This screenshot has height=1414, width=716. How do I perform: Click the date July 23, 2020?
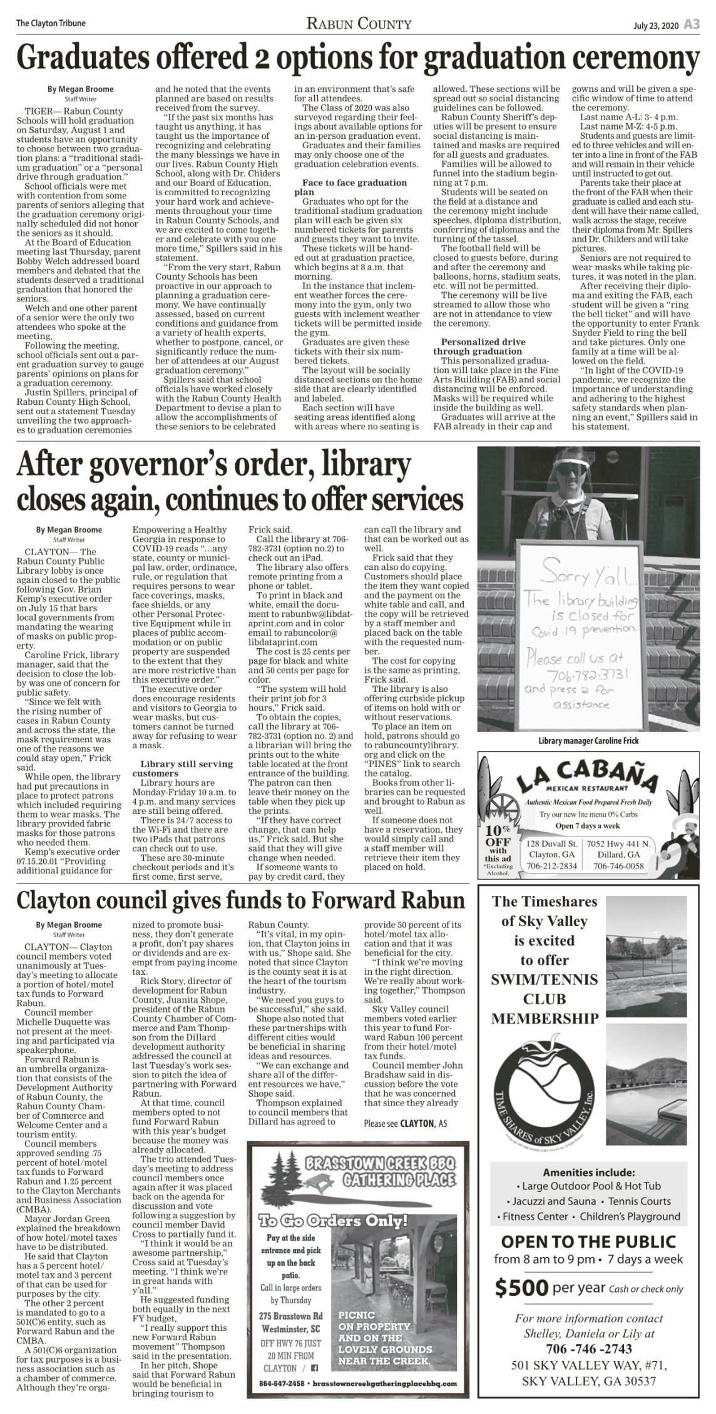coord(655,25)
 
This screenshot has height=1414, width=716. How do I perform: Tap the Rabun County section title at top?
coord(359,24)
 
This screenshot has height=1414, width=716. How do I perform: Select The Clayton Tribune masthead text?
coord(51,24)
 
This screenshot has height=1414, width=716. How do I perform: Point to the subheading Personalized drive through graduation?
coord(483,347)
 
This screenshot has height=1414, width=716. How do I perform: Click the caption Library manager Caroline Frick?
coord(588,741)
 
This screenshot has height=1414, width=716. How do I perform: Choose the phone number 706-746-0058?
coord(618,866)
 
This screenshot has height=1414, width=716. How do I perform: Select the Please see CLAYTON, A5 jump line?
coord(406,1123)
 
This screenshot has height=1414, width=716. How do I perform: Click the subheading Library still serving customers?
coord(187,769)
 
